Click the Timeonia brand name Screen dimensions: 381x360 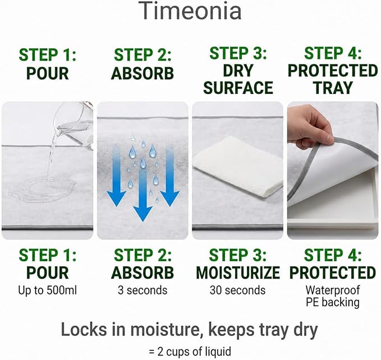pos(191,11)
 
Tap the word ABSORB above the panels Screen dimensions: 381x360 pos(143,73)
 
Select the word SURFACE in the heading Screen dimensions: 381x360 pos(238,88)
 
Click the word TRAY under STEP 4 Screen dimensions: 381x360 pos(333,88)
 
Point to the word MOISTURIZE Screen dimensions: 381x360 pos(238,273)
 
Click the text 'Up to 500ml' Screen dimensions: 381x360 pos(47,290)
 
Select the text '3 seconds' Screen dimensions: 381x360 pos(143,290)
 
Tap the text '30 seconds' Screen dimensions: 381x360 pos(238,290)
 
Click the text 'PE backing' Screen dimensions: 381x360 pos(333,302)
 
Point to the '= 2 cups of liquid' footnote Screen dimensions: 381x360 pos(190,352)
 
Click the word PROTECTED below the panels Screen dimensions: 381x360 pos(333,273)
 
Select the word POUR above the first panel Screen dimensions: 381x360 pos(47,73)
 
